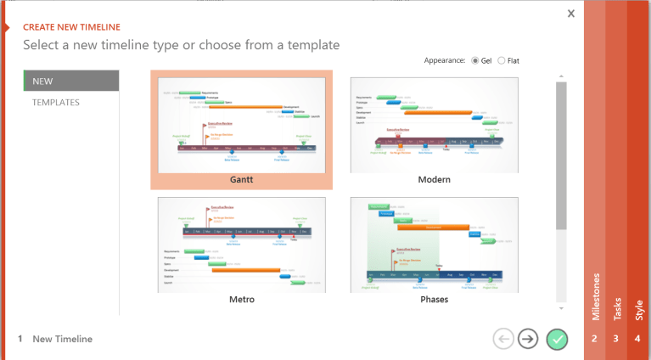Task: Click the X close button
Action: click(571, 14)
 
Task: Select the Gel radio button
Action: click(475, 60)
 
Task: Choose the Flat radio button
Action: click(502, 60)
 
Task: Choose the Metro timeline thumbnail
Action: click(242, 245)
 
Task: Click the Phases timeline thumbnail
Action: click(434, 245)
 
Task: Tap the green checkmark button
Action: click(557, 339)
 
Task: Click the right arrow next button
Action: click(528, 339)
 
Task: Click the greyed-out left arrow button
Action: click(502, 339)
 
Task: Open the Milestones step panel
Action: click(594, 306)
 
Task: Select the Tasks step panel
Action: click(616, 306)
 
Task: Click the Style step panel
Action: click(638, 306)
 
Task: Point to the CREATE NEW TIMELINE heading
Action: click(71, 27)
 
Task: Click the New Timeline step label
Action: click(62, 339)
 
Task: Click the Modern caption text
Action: click(434, 180)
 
